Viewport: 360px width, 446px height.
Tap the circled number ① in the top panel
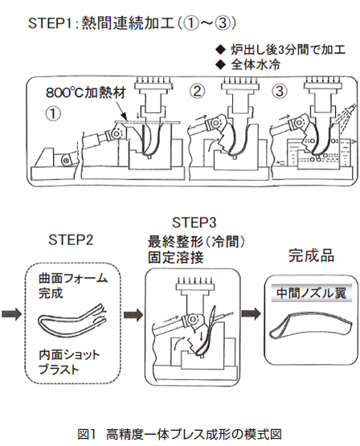(x=53, y=114)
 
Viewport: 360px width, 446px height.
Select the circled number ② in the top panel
(x=198, y=91)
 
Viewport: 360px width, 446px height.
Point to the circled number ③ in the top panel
(x=280, y=91)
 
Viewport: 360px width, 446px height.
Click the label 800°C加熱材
(x=86, y=92)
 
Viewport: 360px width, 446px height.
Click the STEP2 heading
(x=71, y=240)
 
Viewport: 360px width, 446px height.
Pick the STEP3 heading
(x=194, y=223)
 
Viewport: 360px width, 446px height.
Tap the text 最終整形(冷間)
(x=196, y=243)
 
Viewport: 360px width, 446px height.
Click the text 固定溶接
(x=176, y=257)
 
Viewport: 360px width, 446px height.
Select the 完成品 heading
(x=311, y=255)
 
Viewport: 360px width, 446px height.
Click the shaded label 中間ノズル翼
(x=311, y=293)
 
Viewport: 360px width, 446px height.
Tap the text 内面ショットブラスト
(x=69, y=362)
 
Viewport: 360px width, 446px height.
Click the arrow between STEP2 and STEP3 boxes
(x=133, y=314)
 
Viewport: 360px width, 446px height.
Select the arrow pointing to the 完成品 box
(x=251, y=313)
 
